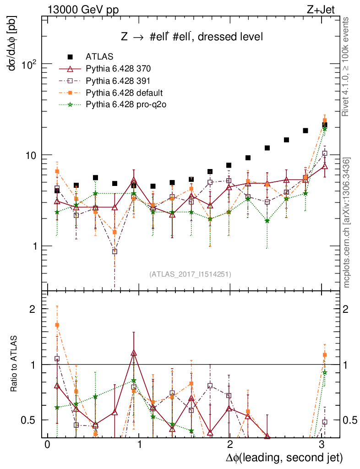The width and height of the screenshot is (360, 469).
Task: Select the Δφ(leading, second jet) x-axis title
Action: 284,457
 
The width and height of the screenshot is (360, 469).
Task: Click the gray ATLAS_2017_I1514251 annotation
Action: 190,274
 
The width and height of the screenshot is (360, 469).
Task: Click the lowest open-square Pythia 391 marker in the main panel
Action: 115,251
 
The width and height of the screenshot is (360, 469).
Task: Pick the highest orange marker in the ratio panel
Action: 57,325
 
